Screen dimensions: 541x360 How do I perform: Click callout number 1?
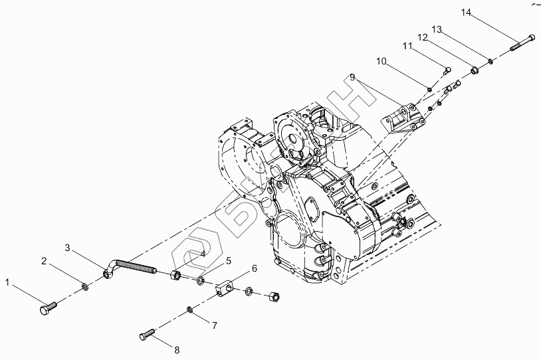(9, 283)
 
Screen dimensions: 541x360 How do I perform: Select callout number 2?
(45, 260)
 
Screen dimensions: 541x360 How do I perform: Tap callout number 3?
(68, 248)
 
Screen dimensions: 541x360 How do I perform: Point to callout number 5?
(228, 260)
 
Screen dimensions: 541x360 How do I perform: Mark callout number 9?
(354, 78)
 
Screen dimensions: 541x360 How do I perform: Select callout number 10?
(381, 61)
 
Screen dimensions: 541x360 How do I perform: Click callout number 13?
(437, 29)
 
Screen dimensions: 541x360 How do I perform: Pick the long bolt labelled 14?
(522, 41)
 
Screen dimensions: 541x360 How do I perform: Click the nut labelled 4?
(177, 274)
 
